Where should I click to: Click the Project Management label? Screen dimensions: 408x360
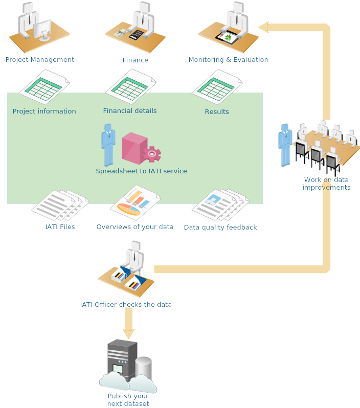point(40,60)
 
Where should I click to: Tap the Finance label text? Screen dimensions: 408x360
point(135,60)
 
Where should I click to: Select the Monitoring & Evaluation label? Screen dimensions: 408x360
point(228,60)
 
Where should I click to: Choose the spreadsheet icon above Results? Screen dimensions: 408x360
point(217,87)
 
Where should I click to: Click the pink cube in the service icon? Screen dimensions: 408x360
point(133,148)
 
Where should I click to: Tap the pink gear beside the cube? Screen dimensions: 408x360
point(152,154)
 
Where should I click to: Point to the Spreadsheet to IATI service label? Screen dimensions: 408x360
point(141,171)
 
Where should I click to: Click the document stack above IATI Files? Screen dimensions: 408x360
point(59,206)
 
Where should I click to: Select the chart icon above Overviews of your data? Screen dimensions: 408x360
point(135,203)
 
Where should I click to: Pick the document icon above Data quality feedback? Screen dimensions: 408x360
point(220,205)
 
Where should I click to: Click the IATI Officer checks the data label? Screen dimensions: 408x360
point(126,305)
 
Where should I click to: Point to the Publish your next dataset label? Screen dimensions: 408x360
point(128,400)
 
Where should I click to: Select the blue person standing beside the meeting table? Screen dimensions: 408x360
point(285,144)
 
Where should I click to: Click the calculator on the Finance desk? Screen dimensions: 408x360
point(136,35)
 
